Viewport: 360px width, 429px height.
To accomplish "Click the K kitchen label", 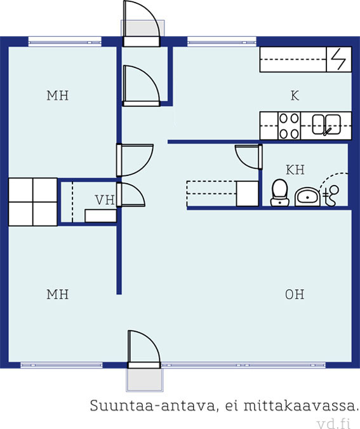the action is click(295, 96).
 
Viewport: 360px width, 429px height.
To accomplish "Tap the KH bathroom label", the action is click(295, 170).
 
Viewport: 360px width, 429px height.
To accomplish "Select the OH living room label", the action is click(295, 294).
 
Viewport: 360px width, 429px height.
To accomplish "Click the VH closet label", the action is click(105, 200).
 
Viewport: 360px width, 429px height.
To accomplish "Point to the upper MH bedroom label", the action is click(57, 96).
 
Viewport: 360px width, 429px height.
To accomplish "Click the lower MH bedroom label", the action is click(57, 294).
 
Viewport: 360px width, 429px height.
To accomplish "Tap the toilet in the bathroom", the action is click(279, 193).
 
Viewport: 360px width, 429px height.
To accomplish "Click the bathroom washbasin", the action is click(307, 196).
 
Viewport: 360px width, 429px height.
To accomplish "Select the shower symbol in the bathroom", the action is click(331, 196).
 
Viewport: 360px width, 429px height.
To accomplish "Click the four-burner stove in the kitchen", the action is click(289, 126).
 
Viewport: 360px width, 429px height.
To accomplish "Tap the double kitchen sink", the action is click(326, 125).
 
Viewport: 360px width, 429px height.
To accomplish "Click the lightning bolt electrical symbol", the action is click(338, 59).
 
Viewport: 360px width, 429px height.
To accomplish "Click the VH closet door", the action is click(131, 195).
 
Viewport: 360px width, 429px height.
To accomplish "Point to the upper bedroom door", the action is click(135, 160).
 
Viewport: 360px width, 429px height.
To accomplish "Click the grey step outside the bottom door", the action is click(145, 380).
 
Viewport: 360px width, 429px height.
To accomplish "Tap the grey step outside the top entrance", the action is click(142, 28).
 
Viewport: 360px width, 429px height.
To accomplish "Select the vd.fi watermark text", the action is click(334, 424).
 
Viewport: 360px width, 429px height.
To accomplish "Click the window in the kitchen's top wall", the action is click(222, 43).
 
